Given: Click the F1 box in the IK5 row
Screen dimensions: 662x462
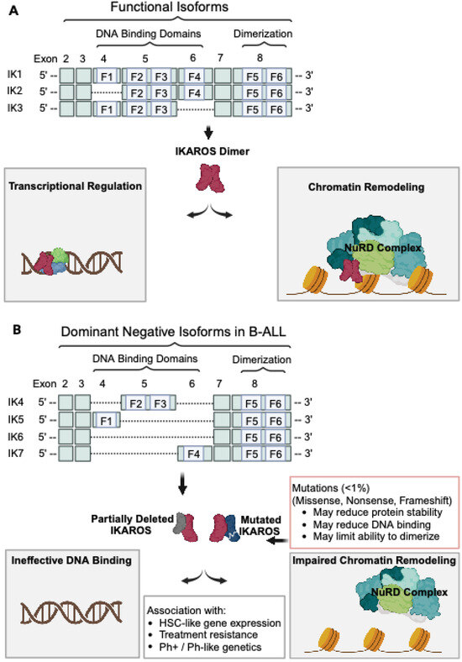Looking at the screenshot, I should [x=104, y=418].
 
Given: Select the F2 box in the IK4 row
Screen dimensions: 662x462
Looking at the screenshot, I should [x=134, y=400].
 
